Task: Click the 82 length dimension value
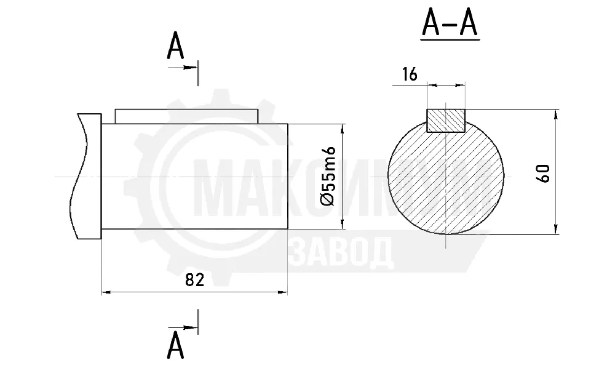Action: pyautogui.click(x=194, y=280)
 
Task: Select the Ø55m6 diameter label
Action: pyautogui.click(x=328, y=176)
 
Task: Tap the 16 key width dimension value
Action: pyautogui.click(x=410, y=74)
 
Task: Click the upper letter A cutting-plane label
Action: pyautogui.click(x=175, y=46)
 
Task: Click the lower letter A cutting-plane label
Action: pyautogui.click(x=175, y=345)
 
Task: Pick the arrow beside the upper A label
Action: pyautogui.click(x=183, y=68)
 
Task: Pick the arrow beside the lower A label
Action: pyautogui.click(x=183, y=327)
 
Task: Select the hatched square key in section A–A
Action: pyautogui.click(x=445, y=121)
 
